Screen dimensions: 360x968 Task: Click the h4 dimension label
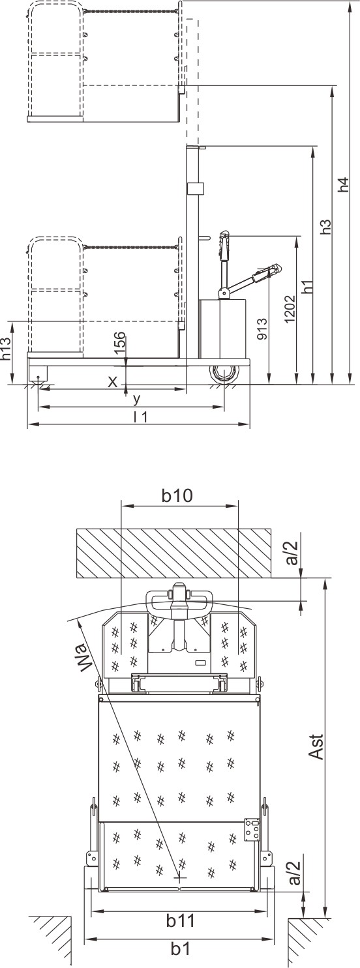coord(344,184)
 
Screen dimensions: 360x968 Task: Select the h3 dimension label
coord(326,227)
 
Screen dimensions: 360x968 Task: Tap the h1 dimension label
coord(308,286)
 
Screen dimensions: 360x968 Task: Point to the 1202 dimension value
coord(290,308)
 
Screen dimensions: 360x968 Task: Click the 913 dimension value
coord(262,329)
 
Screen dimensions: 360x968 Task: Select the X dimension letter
coord(112,381)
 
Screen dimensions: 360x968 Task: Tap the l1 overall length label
coord(141,417)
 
